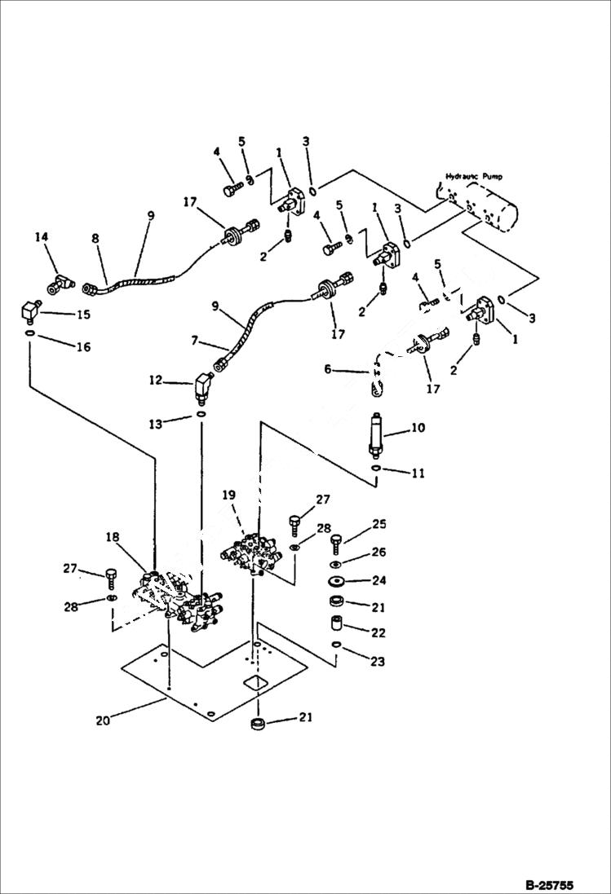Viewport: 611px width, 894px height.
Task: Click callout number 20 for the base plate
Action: (102, 720)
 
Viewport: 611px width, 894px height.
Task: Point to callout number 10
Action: (417, 428)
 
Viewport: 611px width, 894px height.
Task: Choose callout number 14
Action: (41, 237)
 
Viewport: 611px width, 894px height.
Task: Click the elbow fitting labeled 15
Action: (31, 313)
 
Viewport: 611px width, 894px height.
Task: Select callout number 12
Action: (156, 380)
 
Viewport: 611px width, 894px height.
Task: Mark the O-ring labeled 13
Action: (200, 415)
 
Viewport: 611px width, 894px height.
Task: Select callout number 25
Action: (379, 524)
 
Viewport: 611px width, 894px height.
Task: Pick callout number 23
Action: (377, 662)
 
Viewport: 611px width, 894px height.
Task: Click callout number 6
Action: (328, 369)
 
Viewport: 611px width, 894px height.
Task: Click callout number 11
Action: (417, 473)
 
